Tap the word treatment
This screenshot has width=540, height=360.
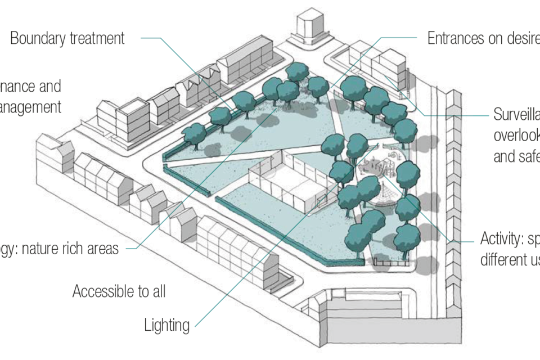click(97, 39)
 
